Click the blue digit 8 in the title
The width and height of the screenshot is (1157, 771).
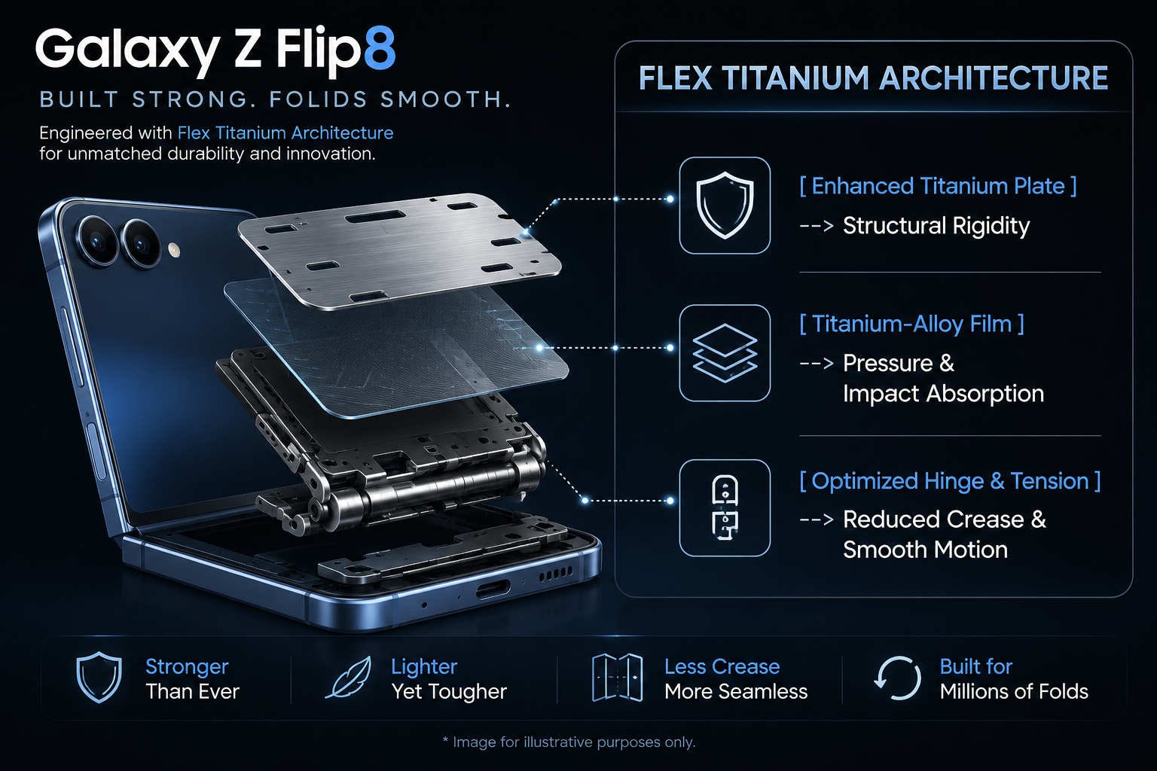click(380, 48)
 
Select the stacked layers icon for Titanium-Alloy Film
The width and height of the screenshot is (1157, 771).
click(725, 352)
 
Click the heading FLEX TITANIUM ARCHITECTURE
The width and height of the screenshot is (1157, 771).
click(874, 78)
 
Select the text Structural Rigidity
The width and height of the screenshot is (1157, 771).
click(936, 226)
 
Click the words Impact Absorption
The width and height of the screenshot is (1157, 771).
click(943, 394)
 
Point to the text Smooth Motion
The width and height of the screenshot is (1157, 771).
click(925, 550)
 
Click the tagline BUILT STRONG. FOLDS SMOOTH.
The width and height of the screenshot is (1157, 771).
click(275, 99)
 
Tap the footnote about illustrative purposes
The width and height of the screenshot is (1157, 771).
click(569, 742)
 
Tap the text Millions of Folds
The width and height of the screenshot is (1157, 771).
click(1013, 691)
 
